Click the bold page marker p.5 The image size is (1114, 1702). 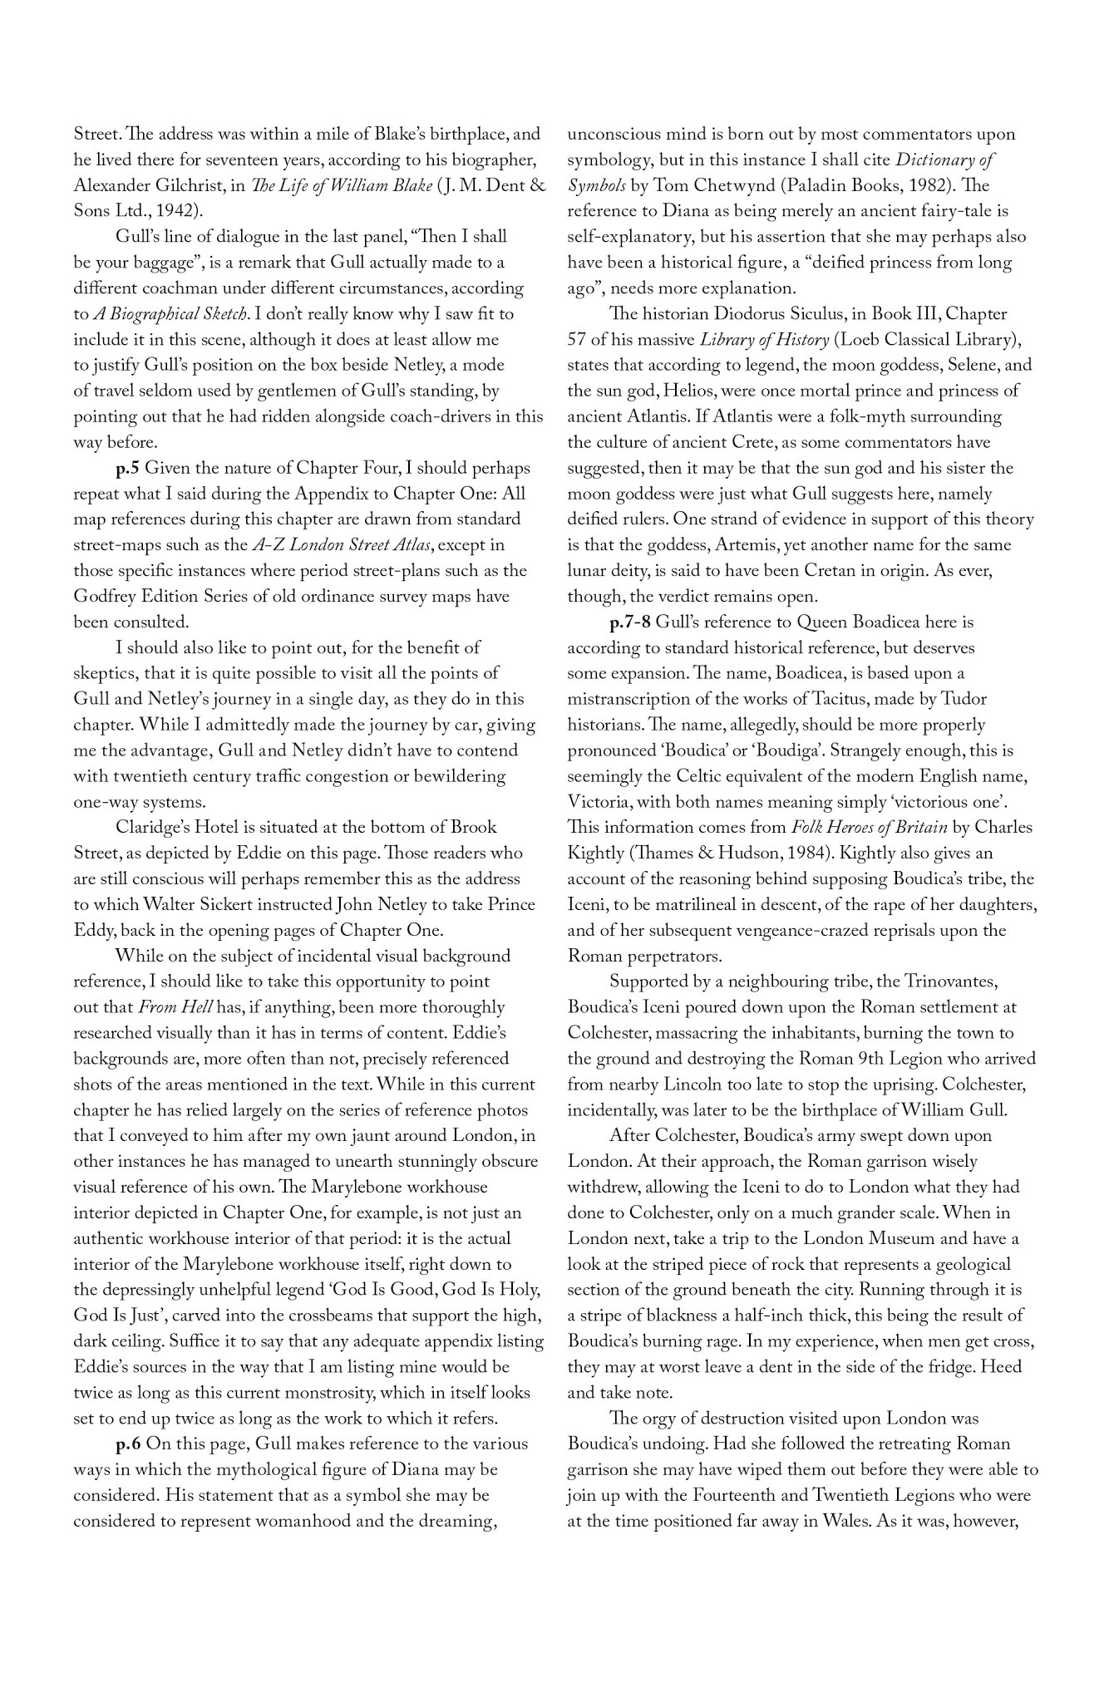click(127, 468)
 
